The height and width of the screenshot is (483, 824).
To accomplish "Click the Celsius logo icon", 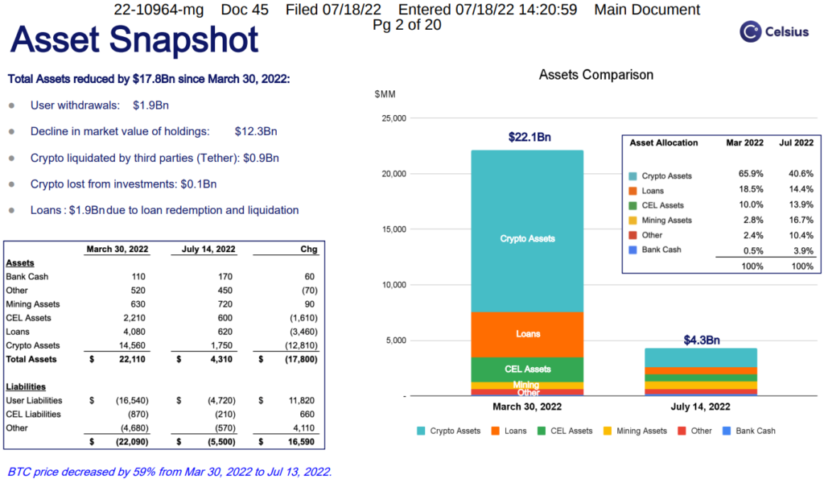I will pyautogui.click(x=751, y=31).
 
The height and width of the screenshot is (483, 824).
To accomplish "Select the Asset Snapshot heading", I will pyautogui.click(x=135, y=39).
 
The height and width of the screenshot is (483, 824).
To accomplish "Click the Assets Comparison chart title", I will pyautogui.click(x=595, y=75).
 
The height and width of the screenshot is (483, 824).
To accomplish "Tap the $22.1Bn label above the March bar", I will pyautogui.click(x=529, y=138).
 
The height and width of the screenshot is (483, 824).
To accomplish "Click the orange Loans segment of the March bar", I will pyautogui.click(x=527, y=334).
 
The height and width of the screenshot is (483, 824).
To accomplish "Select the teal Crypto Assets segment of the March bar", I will pyautogui.click(x=527, y=238).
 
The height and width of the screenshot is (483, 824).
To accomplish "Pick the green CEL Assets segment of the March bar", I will pyautogui.click(x=527, y=369).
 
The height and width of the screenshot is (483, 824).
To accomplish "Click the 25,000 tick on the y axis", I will pyautogui.click(x=393, y=118).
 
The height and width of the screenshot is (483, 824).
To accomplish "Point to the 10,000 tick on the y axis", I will pyautogui.click(x=393, y=285).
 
